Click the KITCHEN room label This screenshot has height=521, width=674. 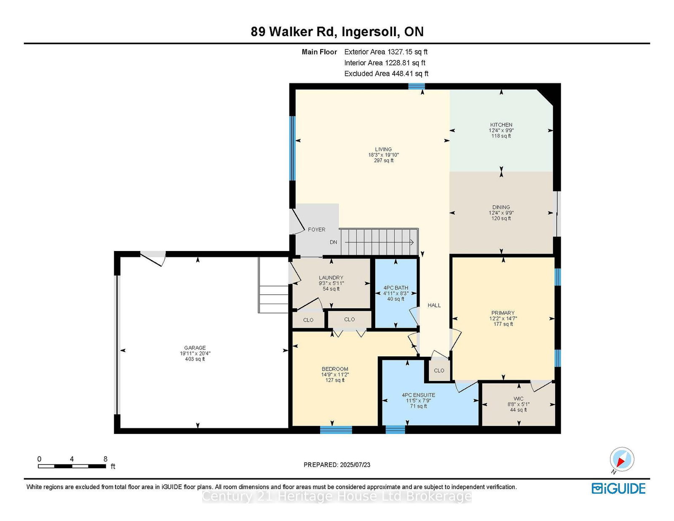pyautogui.click(x=501, y=125)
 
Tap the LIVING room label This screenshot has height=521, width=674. pyautogui.click(x=383, y=149)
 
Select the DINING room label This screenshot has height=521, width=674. pyautogui.click(x=501, y=207)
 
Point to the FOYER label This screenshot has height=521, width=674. pyautogui.click(x=316, y=230)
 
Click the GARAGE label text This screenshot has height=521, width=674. pyautogui.click(x=195, y=347)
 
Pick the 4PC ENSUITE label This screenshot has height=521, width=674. pyautogui.click(x=418, y=395)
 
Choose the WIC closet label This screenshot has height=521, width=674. pyautogui.click(x=518, y=398)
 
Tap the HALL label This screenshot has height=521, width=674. pyautogui.click(x=434, y=305)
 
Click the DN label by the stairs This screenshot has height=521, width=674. pyautogui.click(x=333, y=242)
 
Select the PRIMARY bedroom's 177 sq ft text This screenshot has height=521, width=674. pyautogui.click(x=503, y=324)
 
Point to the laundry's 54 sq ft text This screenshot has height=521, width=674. pyautogui.click(x=331, y=289)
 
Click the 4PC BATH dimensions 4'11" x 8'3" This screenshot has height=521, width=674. pyautogui.click(x=396, y=294)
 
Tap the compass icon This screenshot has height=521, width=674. pyautogui.click(x=622, y=460)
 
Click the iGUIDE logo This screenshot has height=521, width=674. pyautogui.click(x=618, y=489)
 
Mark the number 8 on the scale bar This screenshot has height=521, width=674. pyautogui.click(x=105, y=459)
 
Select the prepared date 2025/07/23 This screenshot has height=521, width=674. pyautogui.click(x=355, y=465)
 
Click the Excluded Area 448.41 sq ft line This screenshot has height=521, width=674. pyautogui.click(x=386, y=74)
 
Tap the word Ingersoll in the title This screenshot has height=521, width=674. pyautogui.click(x=371, y=32)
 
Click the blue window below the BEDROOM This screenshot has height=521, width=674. pyautogui.click(x=336, y=430)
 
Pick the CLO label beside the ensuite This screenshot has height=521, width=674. pyautogui.click(x=439, y=371)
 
